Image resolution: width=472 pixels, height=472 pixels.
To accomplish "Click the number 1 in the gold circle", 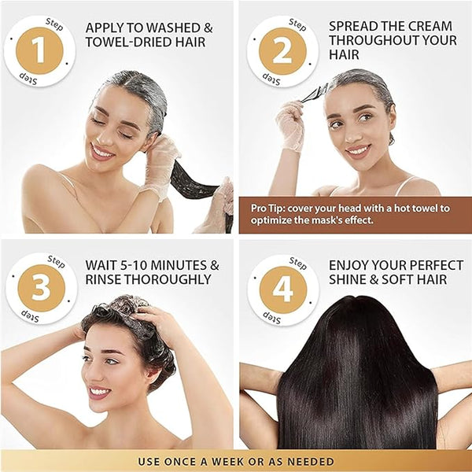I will click(39, 50).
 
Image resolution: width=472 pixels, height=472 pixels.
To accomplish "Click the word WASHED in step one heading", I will click(168, 25).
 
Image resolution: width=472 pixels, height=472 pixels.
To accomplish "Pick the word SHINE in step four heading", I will click(348, 280).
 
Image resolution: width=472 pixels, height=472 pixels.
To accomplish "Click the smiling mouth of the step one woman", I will click(102, 151).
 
